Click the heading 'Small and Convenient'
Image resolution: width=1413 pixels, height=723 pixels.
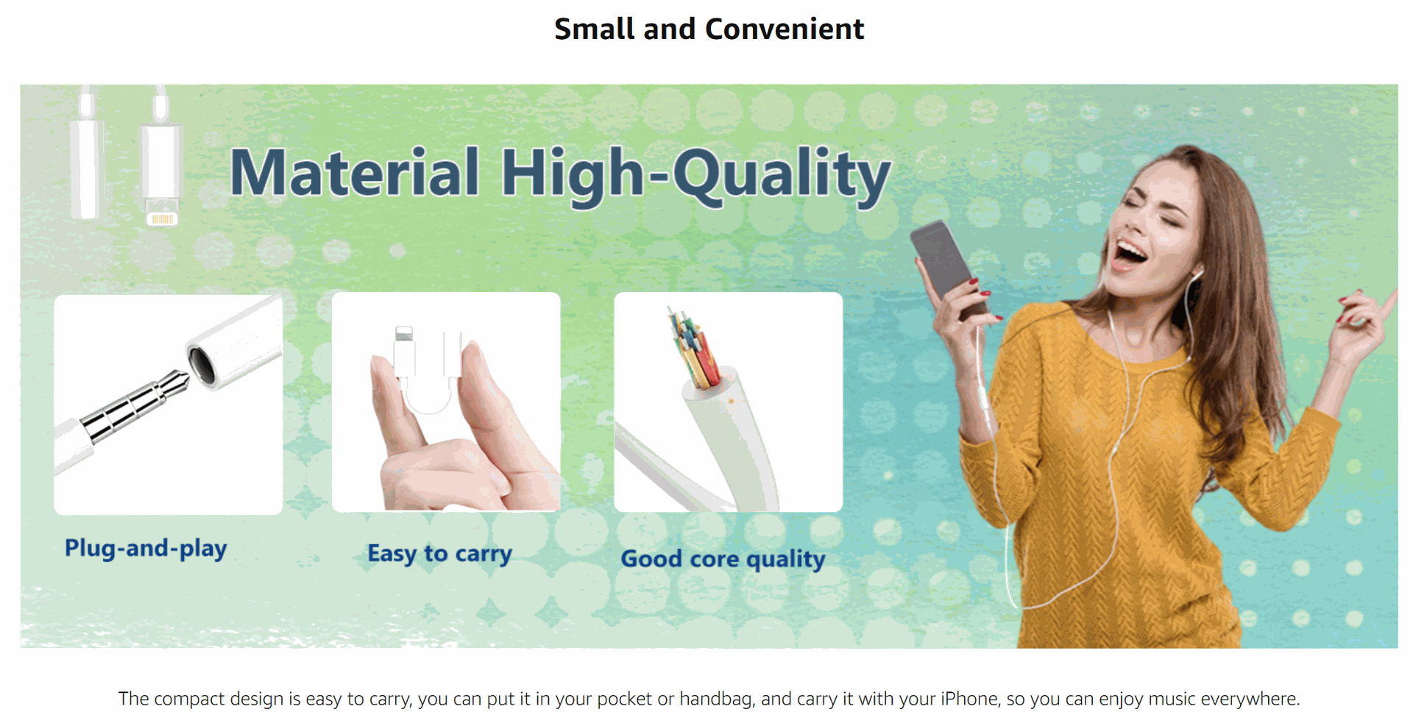[x=709, y=29]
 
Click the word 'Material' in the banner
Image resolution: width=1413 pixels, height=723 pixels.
[x=355, y=172]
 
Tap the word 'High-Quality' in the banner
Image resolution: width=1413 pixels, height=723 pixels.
[x=696, y=176]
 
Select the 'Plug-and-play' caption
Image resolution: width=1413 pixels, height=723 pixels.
[x=146, y=548]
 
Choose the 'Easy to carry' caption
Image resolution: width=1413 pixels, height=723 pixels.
[x=440, y=553]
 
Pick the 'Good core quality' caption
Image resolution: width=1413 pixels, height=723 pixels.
[x=723, y=559]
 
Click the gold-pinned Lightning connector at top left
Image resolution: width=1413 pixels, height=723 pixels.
[x=162, y=218]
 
